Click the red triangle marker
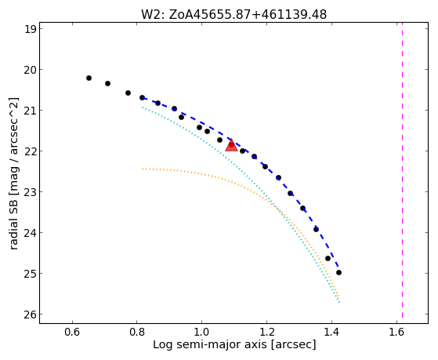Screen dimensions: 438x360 coord(232,145)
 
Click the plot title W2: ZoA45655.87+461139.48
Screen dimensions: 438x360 coord(233,15)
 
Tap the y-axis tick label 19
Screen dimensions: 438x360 coord(31,29)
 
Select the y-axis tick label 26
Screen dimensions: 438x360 coord(31,315)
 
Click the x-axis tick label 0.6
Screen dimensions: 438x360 coord(72,332)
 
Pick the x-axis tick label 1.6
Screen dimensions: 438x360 coord(396,332)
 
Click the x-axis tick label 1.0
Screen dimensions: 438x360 coord(201,332)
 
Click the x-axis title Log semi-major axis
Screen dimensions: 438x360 coord(210,344)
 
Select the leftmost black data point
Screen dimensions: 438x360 coord(89,78)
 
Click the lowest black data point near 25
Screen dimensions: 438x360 coord(338,272)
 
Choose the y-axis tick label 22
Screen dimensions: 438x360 coord(31,151)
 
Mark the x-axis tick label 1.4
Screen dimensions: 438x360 coord(331,332)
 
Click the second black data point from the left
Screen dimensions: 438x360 coord(108,83)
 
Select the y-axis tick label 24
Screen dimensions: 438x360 coord(31,233)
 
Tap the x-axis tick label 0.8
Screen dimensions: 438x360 coord(137,332)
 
